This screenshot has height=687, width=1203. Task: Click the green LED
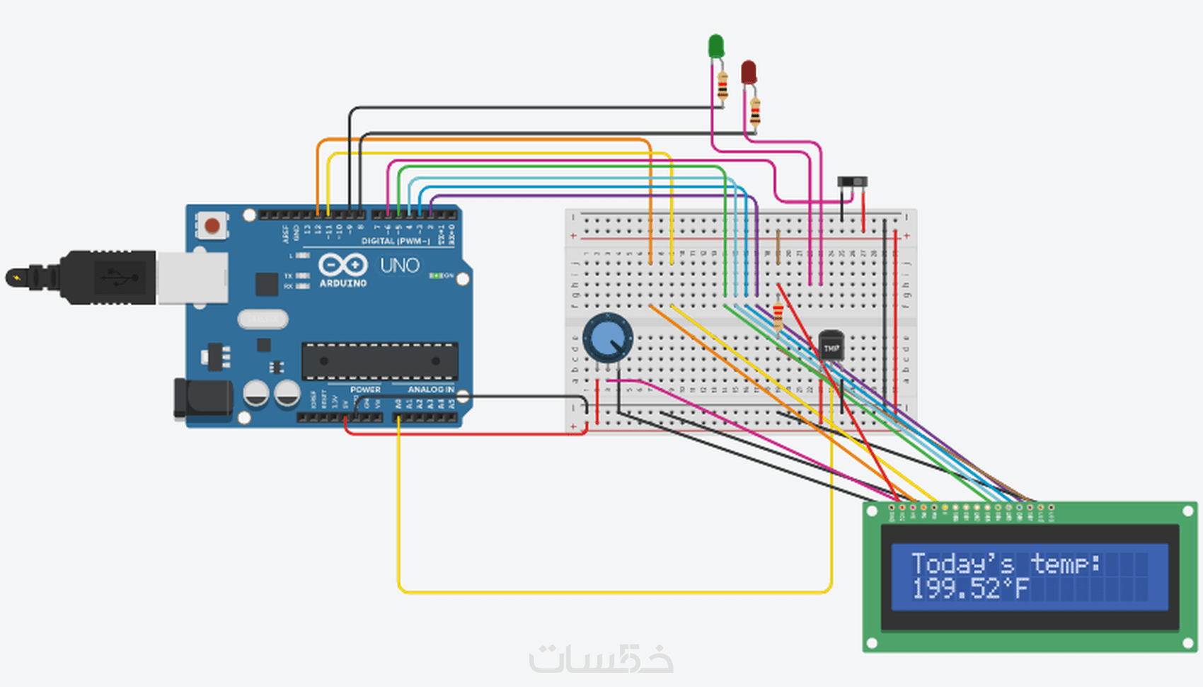pos(715,47)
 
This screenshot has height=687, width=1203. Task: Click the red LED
pos(749,72)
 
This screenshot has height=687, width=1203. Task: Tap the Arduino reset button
pos(212,226)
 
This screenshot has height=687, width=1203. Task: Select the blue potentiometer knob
pos(608,338)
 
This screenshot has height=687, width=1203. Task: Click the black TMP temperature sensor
pos(831,345)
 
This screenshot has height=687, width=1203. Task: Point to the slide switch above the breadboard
pos(852,182)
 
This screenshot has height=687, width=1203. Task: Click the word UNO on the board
pos(400,266)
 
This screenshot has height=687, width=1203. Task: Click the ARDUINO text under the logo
pos(343,283)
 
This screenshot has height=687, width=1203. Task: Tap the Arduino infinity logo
pos(343,265)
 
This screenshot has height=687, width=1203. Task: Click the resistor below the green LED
pos(723,86)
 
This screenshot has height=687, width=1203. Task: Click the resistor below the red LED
pos(755,112)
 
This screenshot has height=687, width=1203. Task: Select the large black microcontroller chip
pos(379,360)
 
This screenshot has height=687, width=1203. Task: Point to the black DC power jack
pos(204,399)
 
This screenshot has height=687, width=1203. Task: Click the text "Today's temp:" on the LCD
pos(1006,564)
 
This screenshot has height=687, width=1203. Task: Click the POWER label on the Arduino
pos(365,390)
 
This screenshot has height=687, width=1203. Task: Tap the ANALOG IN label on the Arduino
pos(430,390)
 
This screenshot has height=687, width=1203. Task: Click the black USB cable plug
pos(106,277)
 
